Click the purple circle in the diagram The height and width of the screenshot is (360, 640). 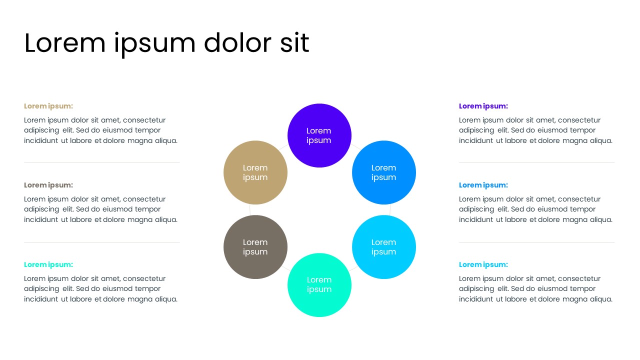tap(319, 135)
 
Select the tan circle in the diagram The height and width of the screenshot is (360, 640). tap(255, 172)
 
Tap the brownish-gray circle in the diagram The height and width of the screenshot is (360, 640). tap(255, 247)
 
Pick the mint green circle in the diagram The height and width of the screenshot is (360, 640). tap(319, 285)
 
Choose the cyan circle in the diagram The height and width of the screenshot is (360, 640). tap(384, 247)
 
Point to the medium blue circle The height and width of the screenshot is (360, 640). tap(384, 172)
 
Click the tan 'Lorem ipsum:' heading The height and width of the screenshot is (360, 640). tap(48, 106)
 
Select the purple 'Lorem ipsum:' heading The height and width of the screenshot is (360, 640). tap(483, 106)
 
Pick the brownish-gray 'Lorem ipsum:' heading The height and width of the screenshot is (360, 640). tap(48, 185)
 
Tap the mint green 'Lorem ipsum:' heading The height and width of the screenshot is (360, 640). tap(48, 264)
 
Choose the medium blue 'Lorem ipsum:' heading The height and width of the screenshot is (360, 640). tap(483, 185)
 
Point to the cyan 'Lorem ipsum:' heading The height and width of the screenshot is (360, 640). tap(483, 264)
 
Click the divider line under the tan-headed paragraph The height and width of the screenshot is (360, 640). tap(102, 162)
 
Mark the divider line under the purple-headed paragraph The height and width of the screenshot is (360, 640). tap(536, 162)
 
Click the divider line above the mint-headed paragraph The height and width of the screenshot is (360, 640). tap(102, 242)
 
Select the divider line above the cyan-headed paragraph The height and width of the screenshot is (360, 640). tap(536, 242)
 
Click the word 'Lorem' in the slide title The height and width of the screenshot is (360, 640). tap(65, 43)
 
